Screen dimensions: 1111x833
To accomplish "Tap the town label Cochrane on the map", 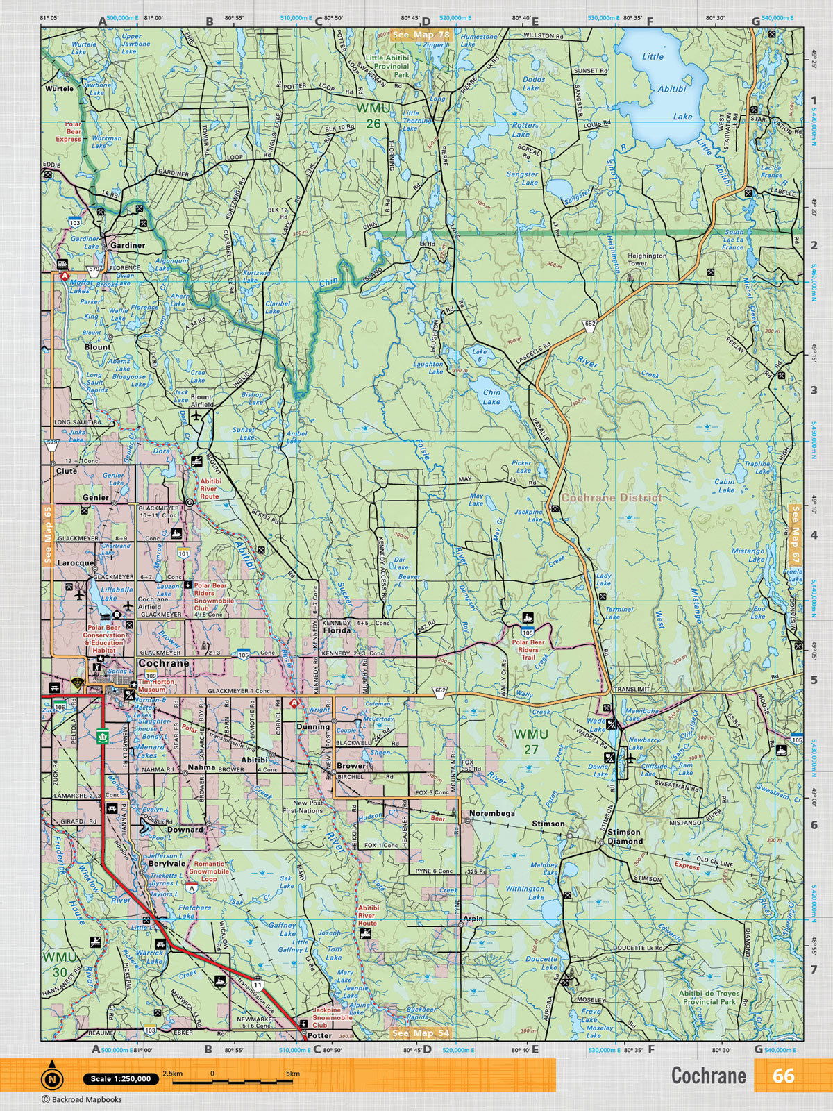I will click(x=164, y=663).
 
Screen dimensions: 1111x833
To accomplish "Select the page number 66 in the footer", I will click(x=783, y=1076).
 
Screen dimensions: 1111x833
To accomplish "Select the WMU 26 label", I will click(x=369, y=116).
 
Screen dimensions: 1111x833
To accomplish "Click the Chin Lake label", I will click(x=491, y=396).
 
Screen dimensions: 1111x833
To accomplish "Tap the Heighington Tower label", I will click(x=647, y=259).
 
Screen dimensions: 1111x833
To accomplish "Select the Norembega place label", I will click(x=492, y=812).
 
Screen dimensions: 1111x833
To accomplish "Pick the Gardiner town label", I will click(x=128, y=245).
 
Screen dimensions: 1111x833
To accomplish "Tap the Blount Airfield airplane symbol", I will click(x=199, y=415).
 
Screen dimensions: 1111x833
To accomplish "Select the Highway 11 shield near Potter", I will click(x=258, y=985).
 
